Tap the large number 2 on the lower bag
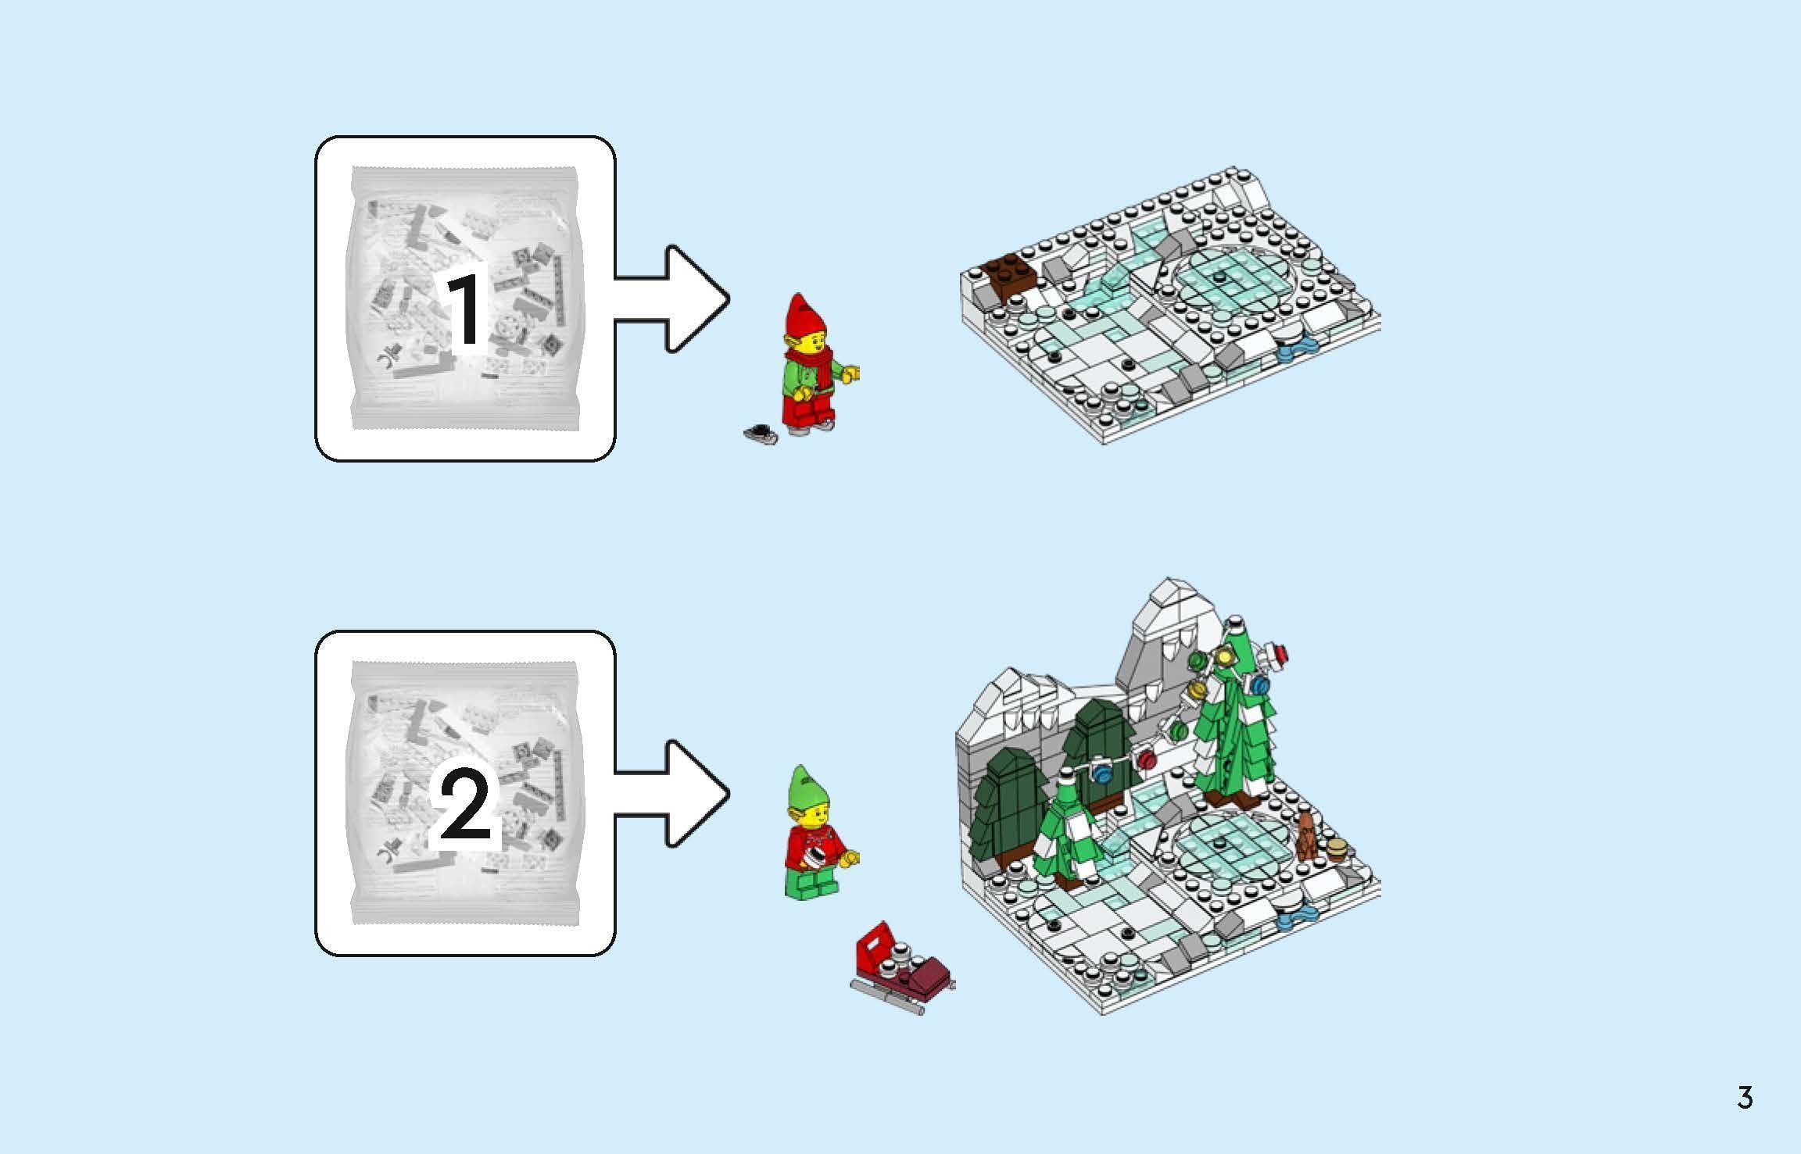tap(464, 809)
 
